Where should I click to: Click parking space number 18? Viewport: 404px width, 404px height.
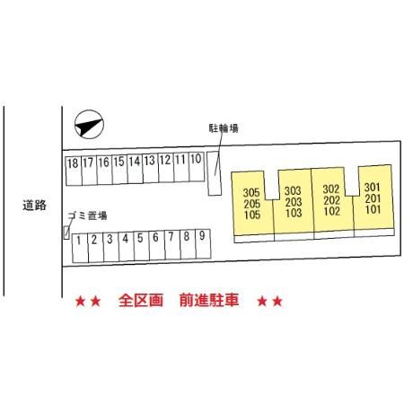click(x=74, y=171)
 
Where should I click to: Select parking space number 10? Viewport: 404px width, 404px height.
click(x=197, y=167)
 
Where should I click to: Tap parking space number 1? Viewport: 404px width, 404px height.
click(x=80, y=248)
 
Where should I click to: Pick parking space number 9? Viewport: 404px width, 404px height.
click(x=203, y=244)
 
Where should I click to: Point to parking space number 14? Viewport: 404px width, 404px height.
click(x=136, y=169)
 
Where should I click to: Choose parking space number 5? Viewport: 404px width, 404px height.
click(x=142, y=246)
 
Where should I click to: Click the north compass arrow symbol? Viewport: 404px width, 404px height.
click(x=89, y=125)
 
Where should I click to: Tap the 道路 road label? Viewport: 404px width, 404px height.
click(x=34, y=206)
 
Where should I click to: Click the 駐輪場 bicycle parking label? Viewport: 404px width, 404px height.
click(x=224, y=128)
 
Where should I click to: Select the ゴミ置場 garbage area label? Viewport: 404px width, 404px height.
click(x=88, y=215)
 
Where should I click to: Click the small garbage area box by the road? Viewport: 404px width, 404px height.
click(x=66, y=233)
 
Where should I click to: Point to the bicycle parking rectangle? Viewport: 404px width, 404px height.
click(x=215, y=173)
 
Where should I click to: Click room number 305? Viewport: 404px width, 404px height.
click(x=251, y=192)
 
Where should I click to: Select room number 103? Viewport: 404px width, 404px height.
click(x=294, y=213)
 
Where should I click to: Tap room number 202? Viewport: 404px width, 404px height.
click(x=331, y=200)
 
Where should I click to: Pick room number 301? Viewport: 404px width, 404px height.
click(x=373, y=188)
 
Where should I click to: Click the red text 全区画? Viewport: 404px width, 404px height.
click(x=141, y=300)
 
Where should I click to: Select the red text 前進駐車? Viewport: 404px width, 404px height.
click(x=209, y=300)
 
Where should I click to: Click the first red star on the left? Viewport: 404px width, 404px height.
click(x=80, y=302)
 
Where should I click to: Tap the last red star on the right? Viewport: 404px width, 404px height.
click(x=277, y=302)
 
